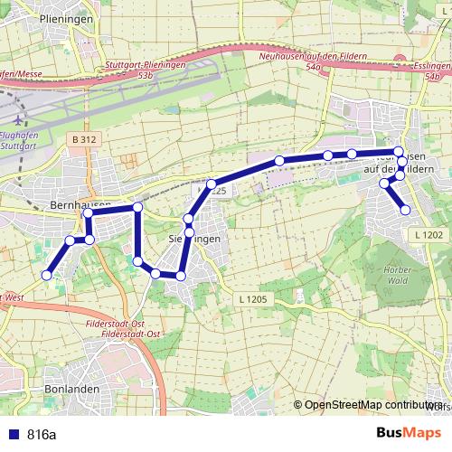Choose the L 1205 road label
tap(256, 298)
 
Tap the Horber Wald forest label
tap(398, 275)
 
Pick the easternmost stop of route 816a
tap(405, 210)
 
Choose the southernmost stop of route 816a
tap(181, 275)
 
